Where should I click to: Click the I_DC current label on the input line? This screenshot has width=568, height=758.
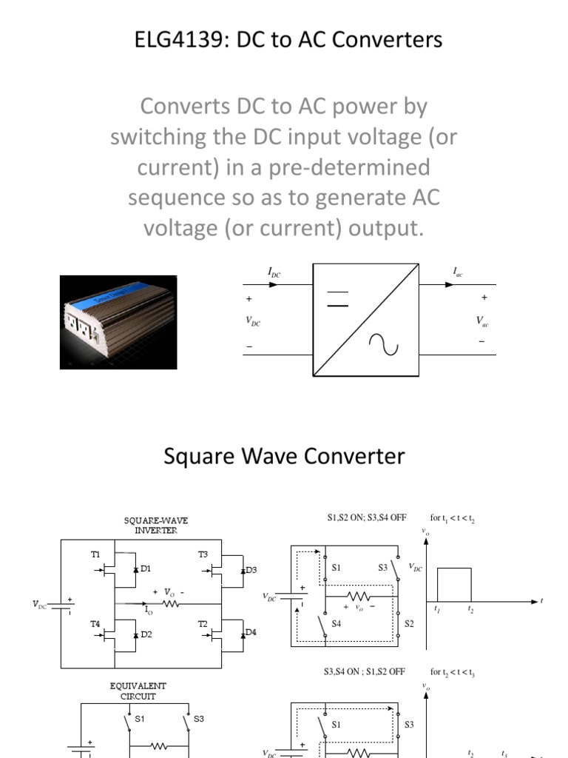pos(274,273)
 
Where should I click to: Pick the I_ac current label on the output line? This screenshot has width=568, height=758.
pos(458,273)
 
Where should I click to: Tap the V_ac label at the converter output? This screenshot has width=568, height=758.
pos(482,321)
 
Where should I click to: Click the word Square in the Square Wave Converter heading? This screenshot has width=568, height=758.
pos(195,456)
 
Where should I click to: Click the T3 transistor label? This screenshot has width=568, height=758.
pos(203,554)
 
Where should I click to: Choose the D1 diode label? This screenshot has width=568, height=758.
pos(146,568)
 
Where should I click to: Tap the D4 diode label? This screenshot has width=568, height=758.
pos(251,631)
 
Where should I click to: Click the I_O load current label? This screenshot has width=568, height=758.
pos(149,611)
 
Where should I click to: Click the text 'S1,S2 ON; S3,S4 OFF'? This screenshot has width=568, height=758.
pos(366,518)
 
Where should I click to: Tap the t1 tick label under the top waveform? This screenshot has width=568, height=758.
pos(437,609)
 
